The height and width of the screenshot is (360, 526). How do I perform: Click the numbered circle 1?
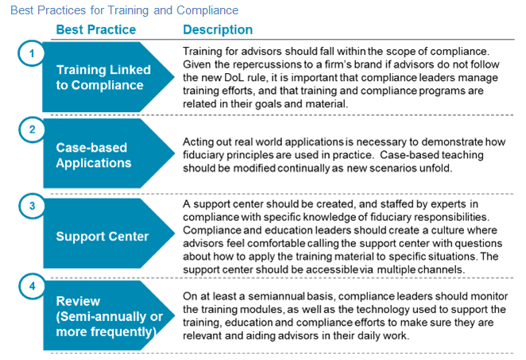(31, 53)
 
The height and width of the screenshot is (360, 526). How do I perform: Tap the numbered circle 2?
(31, 130)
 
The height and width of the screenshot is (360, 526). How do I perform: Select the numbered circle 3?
(31, 206)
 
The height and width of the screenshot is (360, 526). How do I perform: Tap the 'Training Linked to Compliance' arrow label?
(100, 77)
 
